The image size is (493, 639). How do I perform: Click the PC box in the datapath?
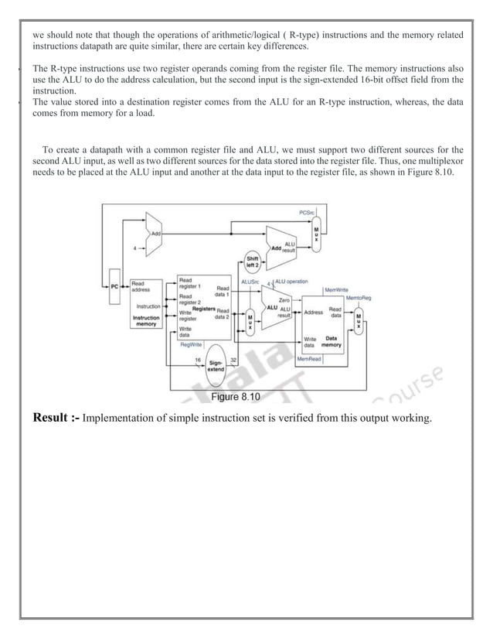(x=114, y=286)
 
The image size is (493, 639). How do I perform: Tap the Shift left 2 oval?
(x=253, y=263)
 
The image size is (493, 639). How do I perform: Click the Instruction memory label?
(x=147, y=321)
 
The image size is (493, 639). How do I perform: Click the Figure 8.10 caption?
(x=236, y=397)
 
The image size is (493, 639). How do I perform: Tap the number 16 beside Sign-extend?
(x=198, y=360)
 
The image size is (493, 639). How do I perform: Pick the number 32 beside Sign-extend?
(x=232, y=360)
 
